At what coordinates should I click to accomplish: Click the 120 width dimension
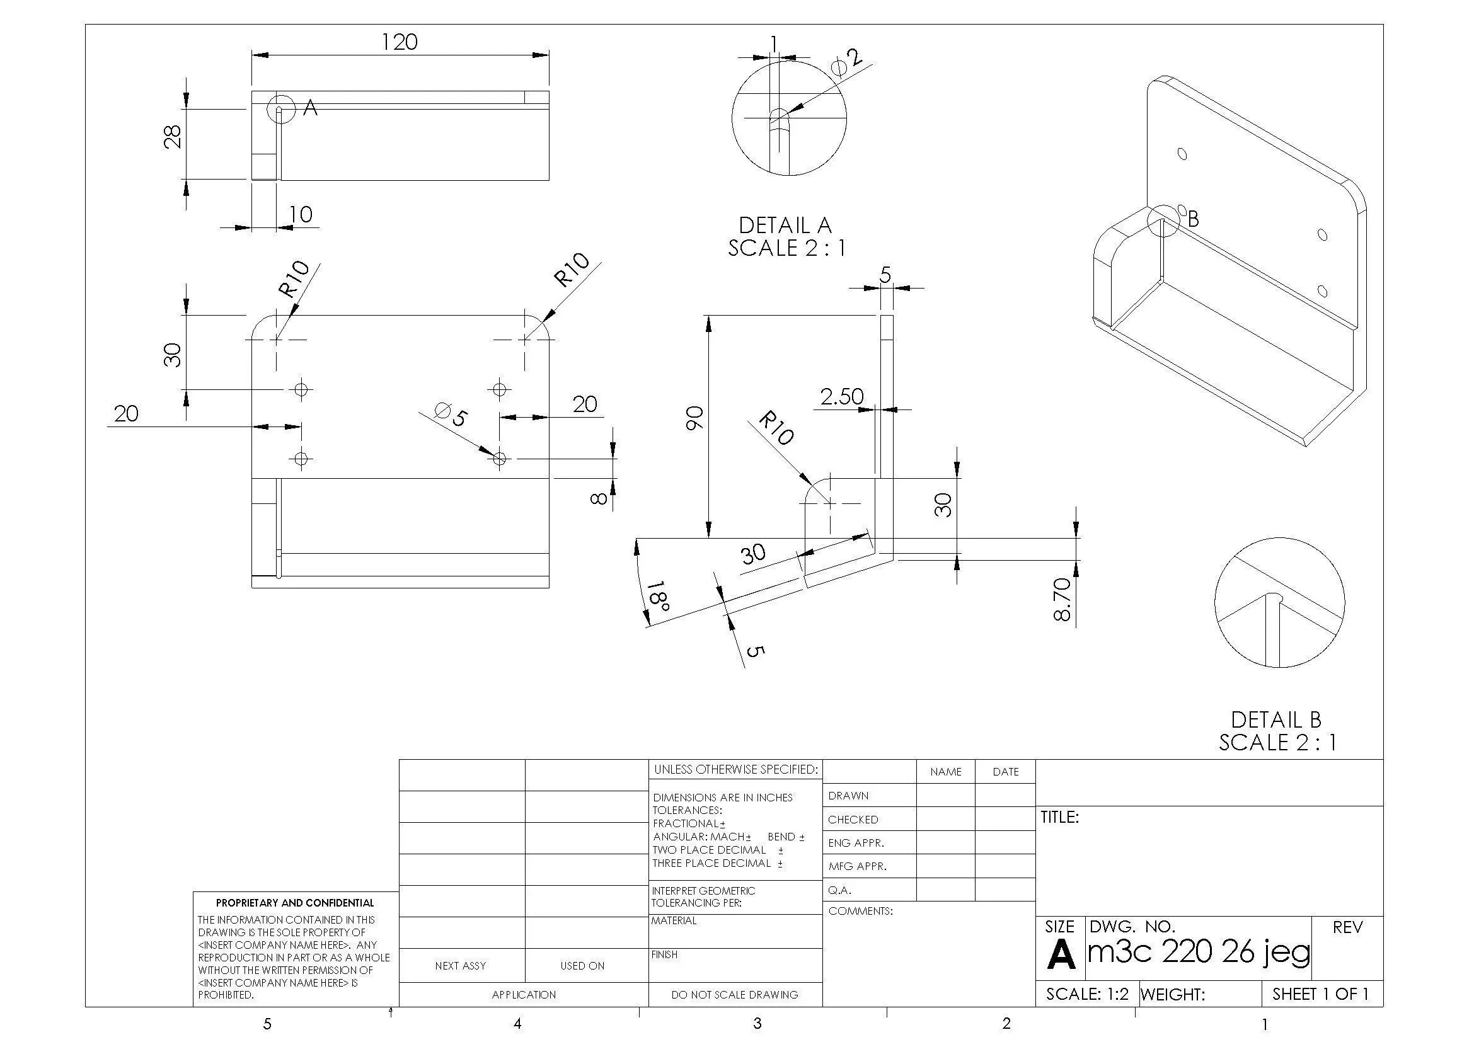tap(400, 42)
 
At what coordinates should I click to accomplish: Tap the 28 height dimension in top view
tap(173, 136)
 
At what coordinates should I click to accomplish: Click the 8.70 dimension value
tap(1062, 599)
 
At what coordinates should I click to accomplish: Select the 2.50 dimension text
tap(842, 396)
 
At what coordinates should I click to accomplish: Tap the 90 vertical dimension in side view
tap(694, 418)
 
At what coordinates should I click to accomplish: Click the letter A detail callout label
tap(310, 108)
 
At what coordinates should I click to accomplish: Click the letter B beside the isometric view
tap(1193, 219)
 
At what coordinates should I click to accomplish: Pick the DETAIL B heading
tap(1275, 720)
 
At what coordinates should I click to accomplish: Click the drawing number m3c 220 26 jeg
tap(1199, 951)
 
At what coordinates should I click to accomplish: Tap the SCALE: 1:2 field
tap(1087, 994)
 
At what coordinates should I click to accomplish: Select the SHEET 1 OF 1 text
tap(1320, 994)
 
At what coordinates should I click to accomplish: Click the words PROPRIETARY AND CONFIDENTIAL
tap(295, 903)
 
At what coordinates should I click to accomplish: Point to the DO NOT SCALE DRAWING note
tap(734, 995)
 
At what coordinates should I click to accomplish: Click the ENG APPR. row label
tap(856, 842)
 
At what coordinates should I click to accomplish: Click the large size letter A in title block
tap(1061, 954)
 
